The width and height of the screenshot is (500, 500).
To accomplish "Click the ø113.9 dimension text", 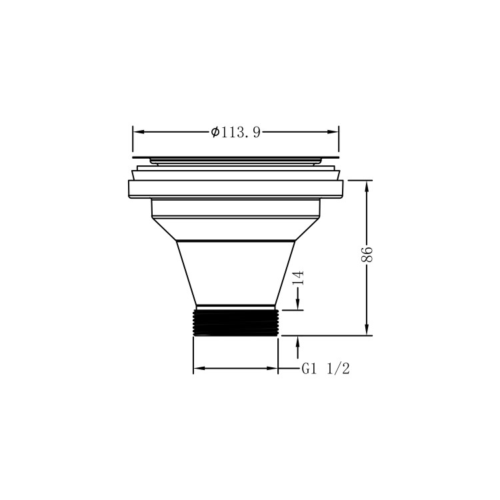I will tap(235, 132).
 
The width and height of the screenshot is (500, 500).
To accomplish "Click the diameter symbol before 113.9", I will tap(215, 132).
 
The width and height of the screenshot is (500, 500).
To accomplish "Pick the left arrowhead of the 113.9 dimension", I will tap(137, 132).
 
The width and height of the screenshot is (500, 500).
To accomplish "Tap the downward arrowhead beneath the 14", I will tap(298, 305).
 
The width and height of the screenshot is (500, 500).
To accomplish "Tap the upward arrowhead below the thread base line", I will tap(298, 341).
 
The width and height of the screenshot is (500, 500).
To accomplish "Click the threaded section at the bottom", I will tap(235, 322).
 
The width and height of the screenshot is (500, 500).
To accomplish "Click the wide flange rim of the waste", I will tap(235, 189).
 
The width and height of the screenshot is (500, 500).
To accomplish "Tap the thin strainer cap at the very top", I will tap(235, 159).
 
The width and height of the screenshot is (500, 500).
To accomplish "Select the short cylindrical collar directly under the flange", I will tap(235, 208).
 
